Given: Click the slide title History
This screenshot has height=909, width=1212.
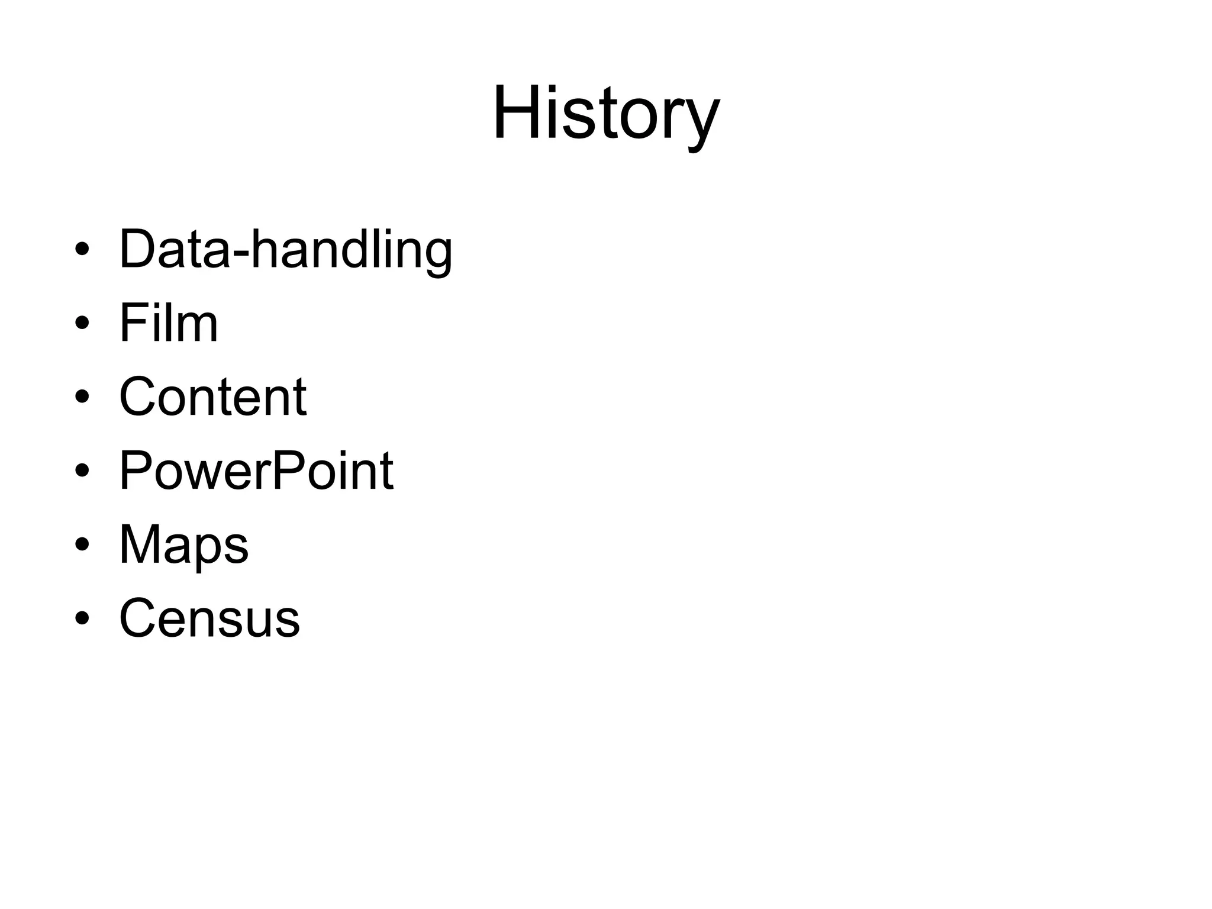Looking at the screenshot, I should pyautogui.click(x=605, y=114).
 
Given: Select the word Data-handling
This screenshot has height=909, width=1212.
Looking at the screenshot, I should pyautogui.click(x=286, y=250).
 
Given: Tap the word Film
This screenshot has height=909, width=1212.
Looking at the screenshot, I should pyautogui.click(x=169, y=323).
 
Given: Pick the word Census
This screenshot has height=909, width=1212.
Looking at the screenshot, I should pyautogui.click(x=209, y=618).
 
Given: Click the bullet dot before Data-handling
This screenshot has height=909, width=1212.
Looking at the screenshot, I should pyautogui.click(x=82, y=250).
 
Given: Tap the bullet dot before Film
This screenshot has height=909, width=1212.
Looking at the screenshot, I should pyautogui.click(x=82, y=324).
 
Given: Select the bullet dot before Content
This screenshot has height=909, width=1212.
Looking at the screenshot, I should pyautogui.click(x=82, y=397).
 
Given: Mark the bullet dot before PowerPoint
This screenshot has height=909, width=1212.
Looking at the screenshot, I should pyautogui.click(x=82, y=471).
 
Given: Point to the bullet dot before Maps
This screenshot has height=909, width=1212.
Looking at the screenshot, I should pyautogui.click(x=82, y=545).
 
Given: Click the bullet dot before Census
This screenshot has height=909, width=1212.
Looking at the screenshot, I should pyautogui.click(x=82, y=618).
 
